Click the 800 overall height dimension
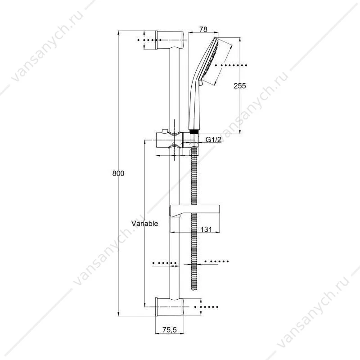click(x=118, y=173)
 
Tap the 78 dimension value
click(x=203, y=29)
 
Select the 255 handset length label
click(x=240, y=86)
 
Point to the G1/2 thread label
click(x=213, y=139)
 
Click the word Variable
click(x=144, y=223)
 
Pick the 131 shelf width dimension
click(x=206, y=229)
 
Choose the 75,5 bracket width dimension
click(x=170, y=330)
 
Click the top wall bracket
click(x=170, y=40)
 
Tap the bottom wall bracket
click(x=170, y=307)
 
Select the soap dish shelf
click(x=195, y=211)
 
